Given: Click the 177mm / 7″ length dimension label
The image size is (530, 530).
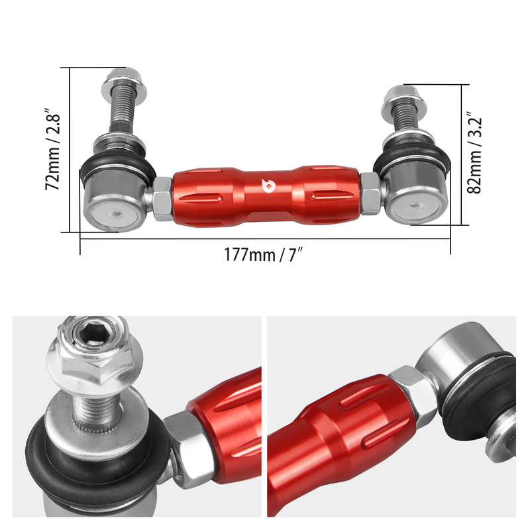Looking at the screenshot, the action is pos(263,254).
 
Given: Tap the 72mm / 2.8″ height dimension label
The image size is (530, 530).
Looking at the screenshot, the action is pos(53,150).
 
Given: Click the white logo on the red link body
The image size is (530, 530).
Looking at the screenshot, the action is pos(268,186).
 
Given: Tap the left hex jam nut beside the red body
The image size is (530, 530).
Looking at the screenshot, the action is pos(163,199).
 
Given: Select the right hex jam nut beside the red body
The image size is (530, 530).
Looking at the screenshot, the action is pos(371,193).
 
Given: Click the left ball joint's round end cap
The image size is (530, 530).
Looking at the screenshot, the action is pos(114,214).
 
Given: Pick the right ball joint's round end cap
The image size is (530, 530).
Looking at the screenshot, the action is pos(416,206).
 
